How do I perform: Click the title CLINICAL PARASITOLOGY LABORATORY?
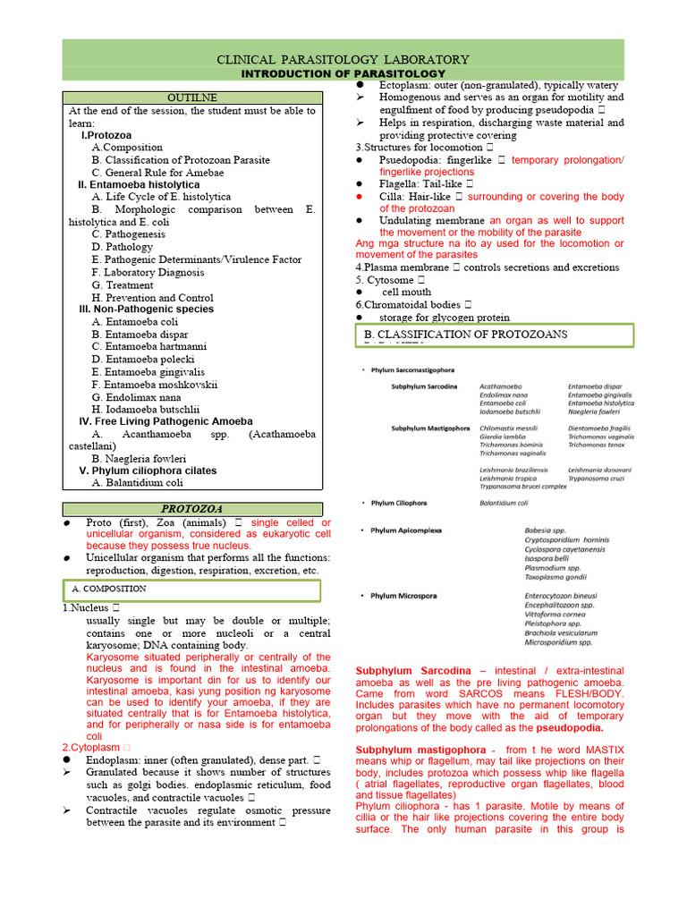tap(343, 58)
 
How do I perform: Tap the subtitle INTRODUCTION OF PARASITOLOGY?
tap(343, 72)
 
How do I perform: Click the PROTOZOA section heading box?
tap(191, 508)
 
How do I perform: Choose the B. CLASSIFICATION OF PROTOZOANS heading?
tap(465, 335)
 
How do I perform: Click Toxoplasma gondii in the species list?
tap(560, 578)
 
